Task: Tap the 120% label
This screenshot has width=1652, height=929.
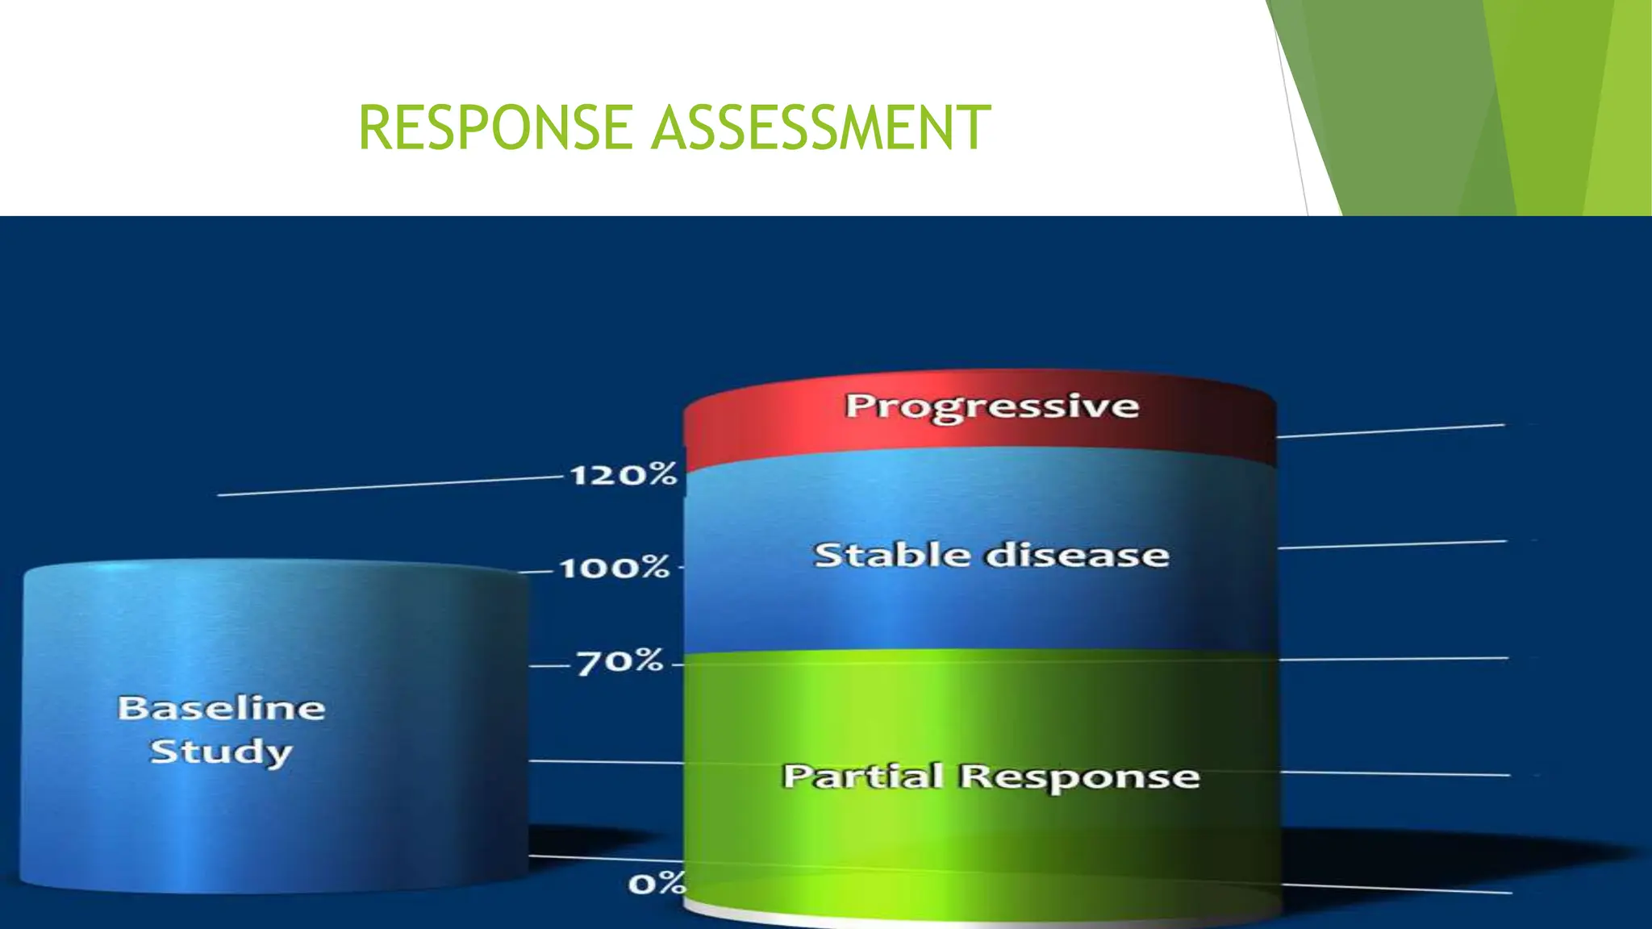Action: (623, 473)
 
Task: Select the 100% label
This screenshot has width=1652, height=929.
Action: (615, 568)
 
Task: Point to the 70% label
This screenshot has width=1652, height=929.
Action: (619, 662)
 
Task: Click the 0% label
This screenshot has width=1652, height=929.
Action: (656, 884)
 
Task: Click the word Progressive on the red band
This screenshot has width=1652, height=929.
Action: (991, 406)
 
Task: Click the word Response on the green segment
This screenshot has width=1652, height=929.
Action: (1079, 777)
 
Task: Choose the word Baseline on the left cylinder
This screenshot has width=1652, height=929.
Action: (221, 708)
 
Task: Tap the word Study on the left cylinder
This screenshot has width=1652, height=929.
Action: (221, 752)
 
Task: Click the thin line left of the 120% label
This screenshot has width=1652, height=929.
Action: (387, 486)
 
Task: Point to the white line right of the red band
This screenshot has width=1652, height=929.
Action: (1391, 431)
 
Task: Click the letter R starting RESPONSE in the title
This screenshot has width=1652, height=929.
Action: (373, 127)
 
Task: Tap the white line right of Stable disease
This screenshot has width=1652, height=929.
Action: (1391, 545)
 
